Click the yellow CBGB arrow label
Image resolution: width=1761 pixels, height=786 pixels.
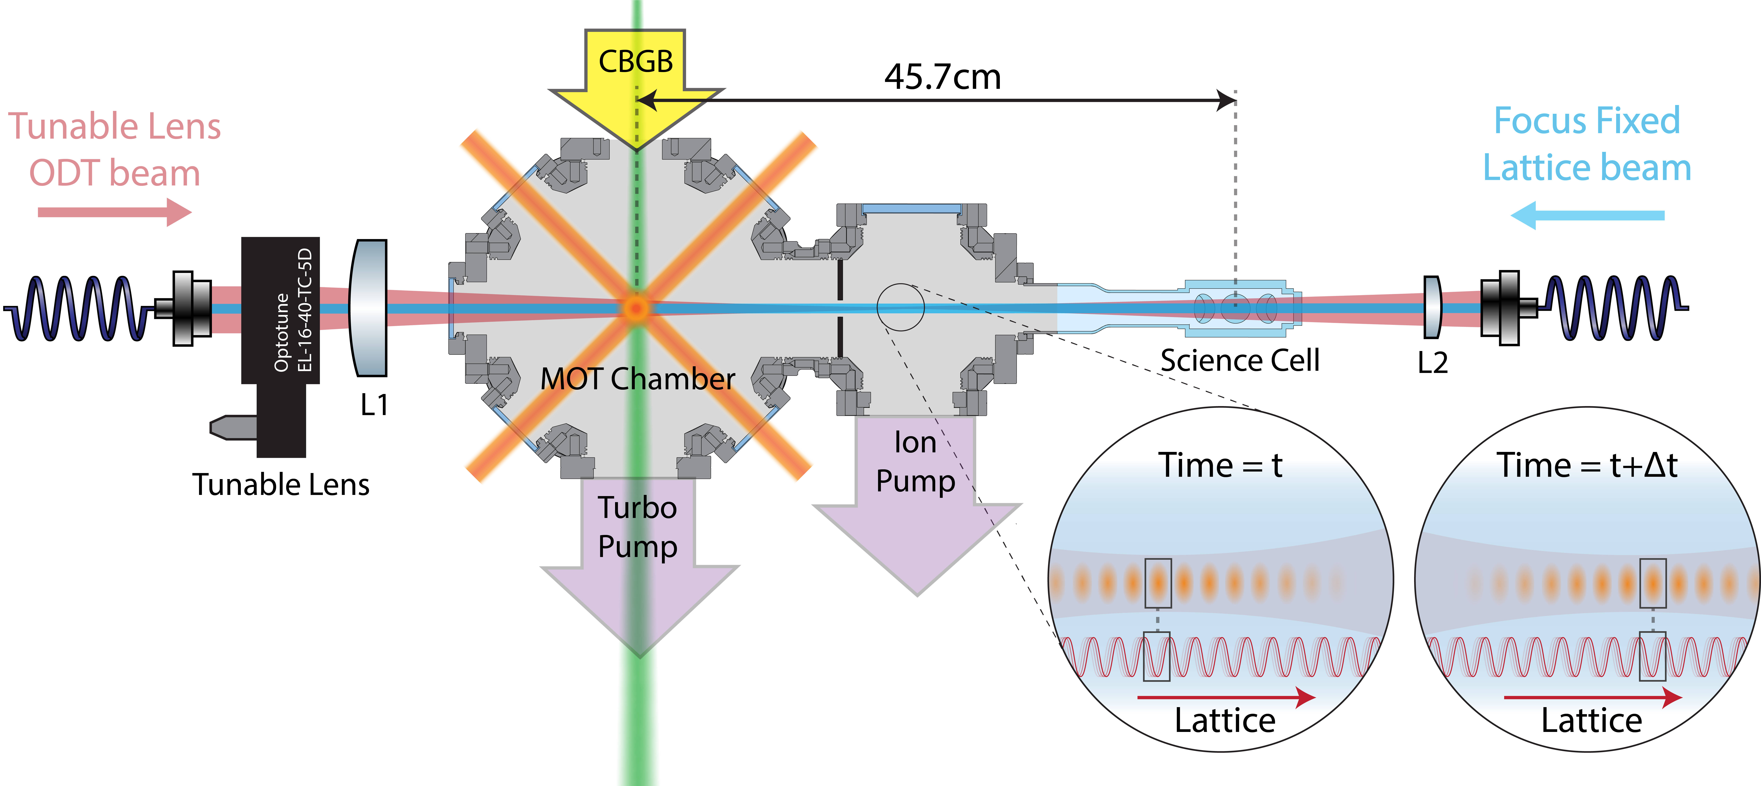pyautogui.click(x=636, y=61)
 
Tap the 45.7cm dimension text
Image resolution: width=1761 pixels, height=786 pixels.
pyautogui.click(x=942, y=77)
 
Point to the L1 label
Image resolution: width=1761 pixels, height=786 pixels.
pyautogui.click(x=374, y=405)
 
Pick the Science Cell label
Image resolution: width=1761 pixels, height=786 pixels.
pyautogui.click(x=1239, y=360)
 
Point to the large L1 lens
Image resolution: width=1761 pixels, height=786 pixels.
pyautogui.click(x=369, y=307)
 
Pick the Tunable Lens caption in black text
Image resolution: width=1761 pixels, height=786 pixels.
pyautogui.click(x=280, y=485)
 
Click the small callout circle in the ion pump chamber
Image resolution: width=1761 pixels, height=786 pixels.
pyautogui.click(x=900, y=307)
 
